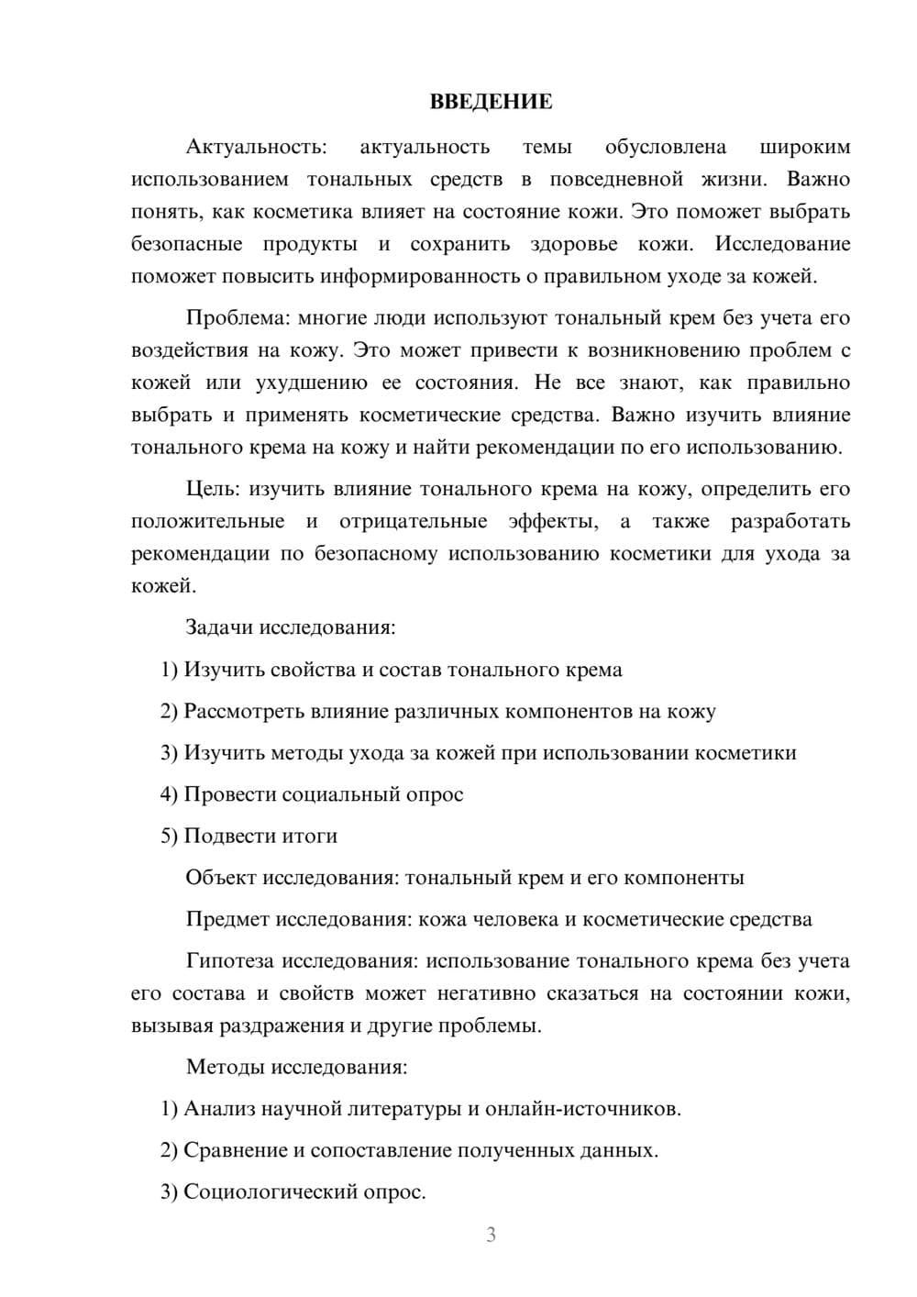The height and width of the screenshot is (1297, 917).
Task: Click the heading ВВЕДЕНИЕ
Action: click(491, 102)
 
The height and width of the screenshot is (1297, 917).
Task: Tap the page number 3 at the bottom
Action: click(491, 1235)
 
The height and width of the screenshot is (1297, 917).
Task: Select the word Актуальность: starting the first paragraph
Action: click(256, 147)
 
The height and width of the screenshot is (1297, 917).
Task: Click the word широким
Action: click(804, 147)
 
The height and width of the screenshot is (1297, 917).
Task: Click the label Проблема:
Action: click(238, 318)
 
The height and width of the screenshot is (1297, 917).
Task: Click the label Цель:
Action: click(214, 489)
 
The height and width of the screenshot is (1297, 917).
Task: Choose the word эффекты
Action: click(552, 521)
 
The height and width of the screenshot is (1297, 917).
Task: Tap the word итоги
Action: click(311, 836)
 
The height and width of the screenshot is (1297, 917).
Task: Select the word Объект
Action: click(221, 878)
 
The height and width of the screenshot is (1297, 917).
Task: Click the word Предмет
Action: click(227, 919)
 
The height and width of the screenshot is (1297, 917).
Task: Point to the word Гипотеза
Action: click(230, 961)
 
